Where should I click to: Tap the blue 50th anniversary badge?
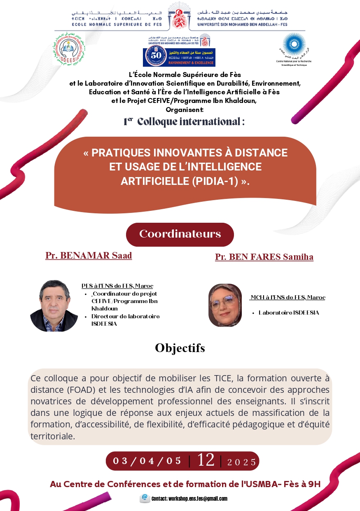point(179,57)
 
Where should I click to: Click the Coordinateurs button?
point(180,234)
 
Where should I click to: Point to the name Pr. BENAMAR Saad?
point(89,255)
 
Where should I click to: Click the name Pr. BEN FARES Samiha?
point(264,257)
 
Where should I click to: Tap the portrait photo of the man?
point(54,306)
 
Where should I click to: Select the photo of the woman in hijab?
point(225,305)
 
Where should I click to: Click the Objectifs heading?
point(180,348)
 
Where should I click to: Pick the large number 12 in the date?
point(206,460)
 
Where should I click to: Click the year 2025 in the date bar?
point(242,462)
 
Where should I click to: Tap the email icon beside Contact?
point(145,498)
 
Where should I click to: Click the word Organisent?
point(185,110)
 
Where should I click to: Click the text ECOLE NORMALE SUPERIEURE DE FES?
point(109,24)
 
